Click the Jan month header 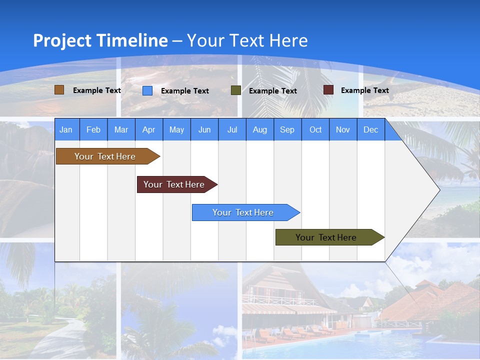point(66,130)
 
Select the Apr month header point(149,130)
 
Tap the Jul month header point(232,130)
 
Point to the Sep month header point(287,130)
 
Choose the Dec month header point(370,130)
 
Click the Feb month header point(93,130)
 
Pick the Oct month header point(315,130)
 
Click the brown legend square point(59,90)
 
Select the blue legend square point(147,90)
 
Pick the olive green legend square point(236,90)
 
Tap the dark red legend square point(328,90)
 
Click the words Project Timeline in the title point(100,40)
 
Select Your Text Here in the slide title point(247,40)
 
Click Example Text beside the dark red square point(364,90)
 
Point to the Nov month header point(343,130)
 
